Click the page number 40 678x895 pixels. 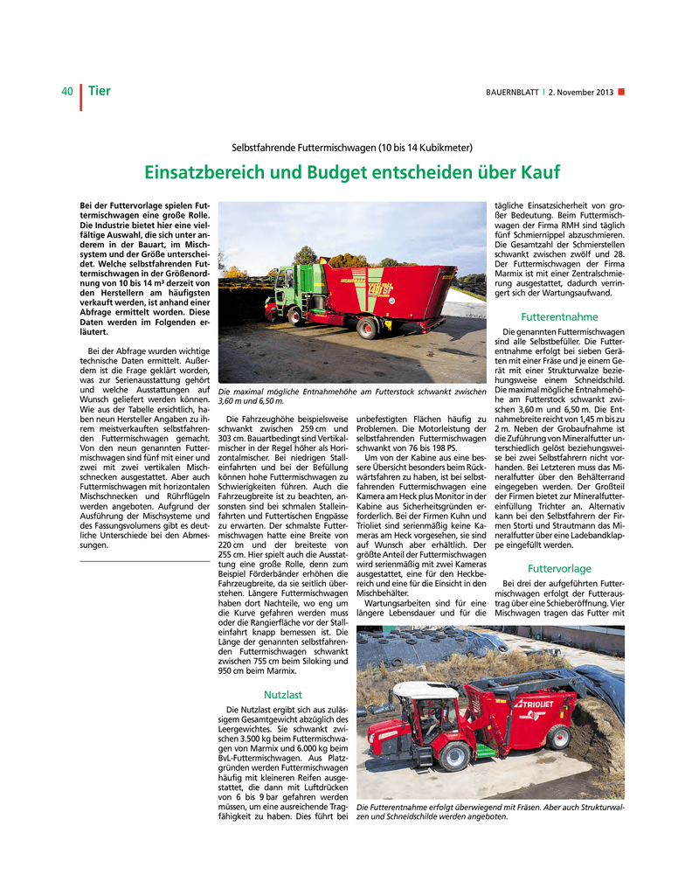[66, 91]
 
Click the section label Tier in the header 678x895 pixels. [99, 91]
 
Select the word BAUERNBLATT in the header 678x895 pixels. [513, 93]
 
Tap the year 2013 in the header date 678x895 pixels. [604, 93]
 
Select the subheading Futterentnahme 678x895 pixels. [559, 316]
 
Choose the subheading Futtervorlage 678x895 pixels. [559, 568]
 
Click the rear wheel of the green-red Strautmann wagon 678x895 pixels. [368, 330]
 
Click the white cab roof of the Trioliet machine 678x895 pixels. [426, 689]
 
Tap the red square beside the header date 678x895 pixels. [621, 92]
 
